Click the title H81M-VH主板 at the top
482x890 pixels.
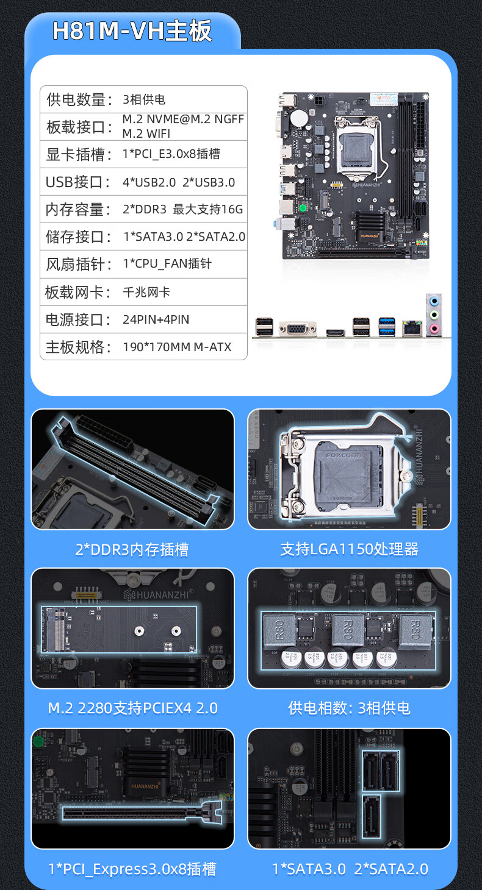pos(132,31)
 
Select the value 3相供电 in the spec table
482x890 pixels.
pos(144,99)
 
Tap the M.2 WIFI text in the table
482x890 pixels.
pos(146,133)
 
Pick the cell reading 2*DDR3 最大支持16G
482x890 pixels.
pos(183,209)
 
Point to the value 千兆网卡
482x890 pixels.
pos(146,293)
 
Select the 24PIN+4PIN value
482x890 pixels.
pos(156,319)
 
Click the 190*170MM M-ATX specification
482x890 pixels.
pos(177,347)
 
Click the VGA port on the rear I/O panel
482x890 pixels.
pos(298,329)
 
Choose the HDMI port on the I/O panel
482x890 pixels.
pos(336,333)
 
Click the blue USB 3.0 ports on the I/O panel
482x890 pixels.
pos(387,327)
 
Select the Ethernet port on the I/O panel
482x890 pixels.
pos(412,328)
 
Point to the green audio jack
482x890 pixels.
pos(434,315)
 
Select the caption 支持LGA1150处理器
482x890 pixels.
pos(349,549)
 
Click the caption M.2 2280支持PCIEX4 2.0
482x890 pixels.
pos(133,708)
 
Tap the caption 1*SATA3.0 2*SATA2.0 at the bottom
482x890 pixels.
pos(350,869)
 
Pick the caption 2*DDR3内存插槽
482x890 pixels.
pos(132,549)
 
